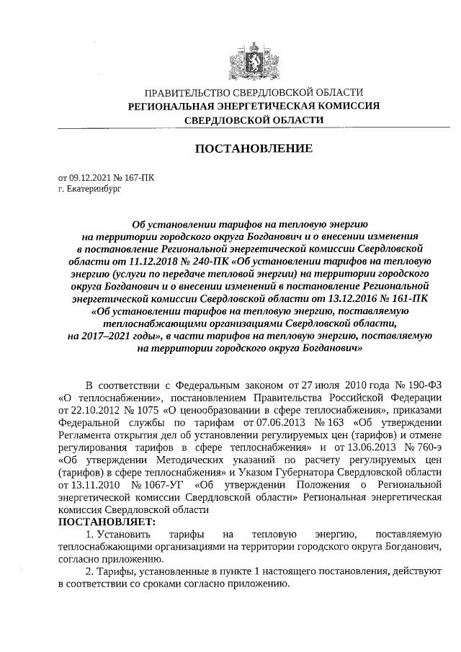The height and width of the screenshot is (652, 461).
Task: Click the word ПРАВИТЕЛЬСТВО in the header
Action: (189, 93)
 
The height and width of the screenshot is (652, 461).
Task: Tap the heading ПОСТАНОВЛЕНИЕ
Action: (254, 149)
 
